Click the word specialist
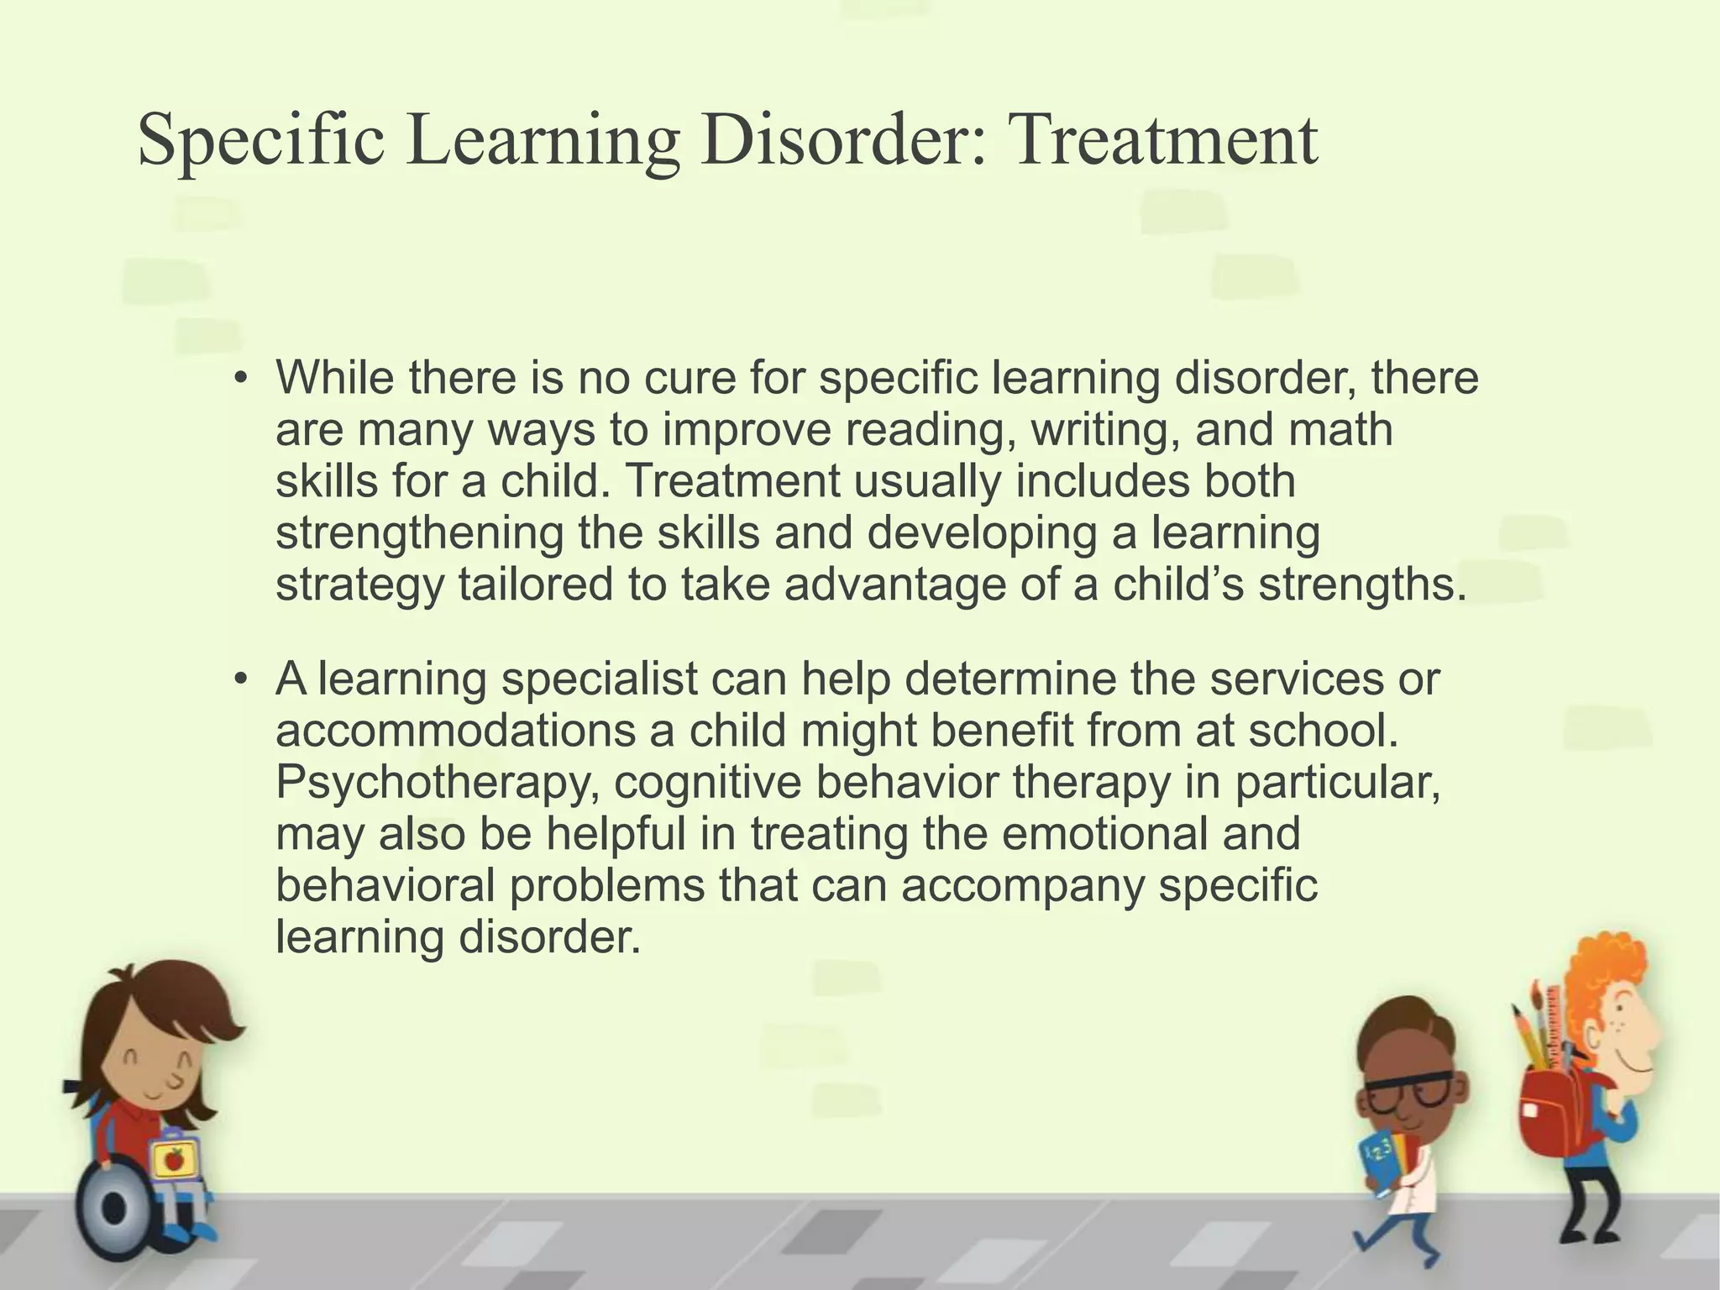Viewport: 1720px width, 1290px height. (599, 679)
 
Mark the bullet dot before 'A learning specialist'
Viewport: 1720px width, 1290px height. (241, 679)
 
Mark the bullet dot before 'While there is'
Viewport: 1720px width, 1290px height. (241, 378)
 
